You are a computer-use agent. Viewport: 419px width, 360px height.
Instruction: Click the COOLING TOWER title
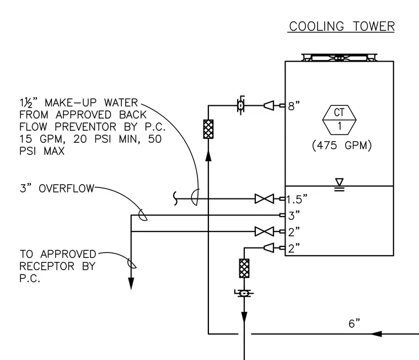(x=342, y=26)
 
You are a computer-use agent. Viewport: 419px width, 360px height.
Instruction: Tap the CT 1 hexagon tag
(x=340, y=120)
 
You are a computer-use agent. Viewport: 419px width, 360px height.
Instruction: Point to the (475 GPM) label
(x=342, y=146)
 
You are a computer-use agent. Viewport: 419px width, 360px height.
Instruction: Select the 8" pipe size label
(x=294, y=106)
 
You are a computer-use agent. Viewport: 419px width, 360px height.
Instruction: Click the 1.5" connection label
(x=297, y=199)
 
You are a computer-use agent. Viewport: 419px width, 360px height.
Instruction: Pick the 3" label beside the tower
(x=294, y=215)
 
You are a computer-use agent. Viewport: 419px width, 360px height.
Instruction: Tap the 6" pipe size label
(x=354, y=324)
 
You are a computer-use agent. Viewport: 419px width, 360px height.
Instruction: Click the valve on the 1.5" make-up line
(x=264, y=199)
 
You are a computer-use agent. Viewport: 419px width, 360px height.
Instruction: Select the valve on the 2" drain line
(x=264, y=232)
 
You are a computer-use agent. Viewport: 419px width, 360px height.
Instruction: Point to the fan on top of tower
(x=340, y=57)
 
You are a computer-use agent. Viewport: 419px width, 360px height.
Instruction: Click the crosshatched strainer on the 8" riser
(x=208, y=129)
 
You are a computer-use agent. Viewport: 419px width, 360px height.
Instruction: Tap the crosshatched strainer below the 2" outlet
(x=244, y=268)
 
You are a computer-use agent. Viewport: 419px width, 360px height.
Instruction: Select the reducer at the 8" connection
(x=269, y=105)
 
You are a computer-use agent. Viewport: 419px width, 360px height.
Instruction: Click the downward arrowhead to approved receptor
(x=131, y=283)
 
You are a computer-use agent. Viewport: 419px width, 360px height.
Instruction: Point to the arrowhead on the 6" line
(x=376, y=334)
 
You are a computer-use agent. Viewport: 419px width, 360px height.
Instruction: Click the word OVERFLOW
(x=67, y=189)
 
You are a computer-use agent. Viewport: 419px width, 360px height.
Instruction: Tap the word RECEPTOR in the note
(x=47, y=266)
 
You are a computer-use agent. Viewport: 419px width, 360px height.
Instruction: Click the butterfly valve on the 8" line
(x=240, y=105)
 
